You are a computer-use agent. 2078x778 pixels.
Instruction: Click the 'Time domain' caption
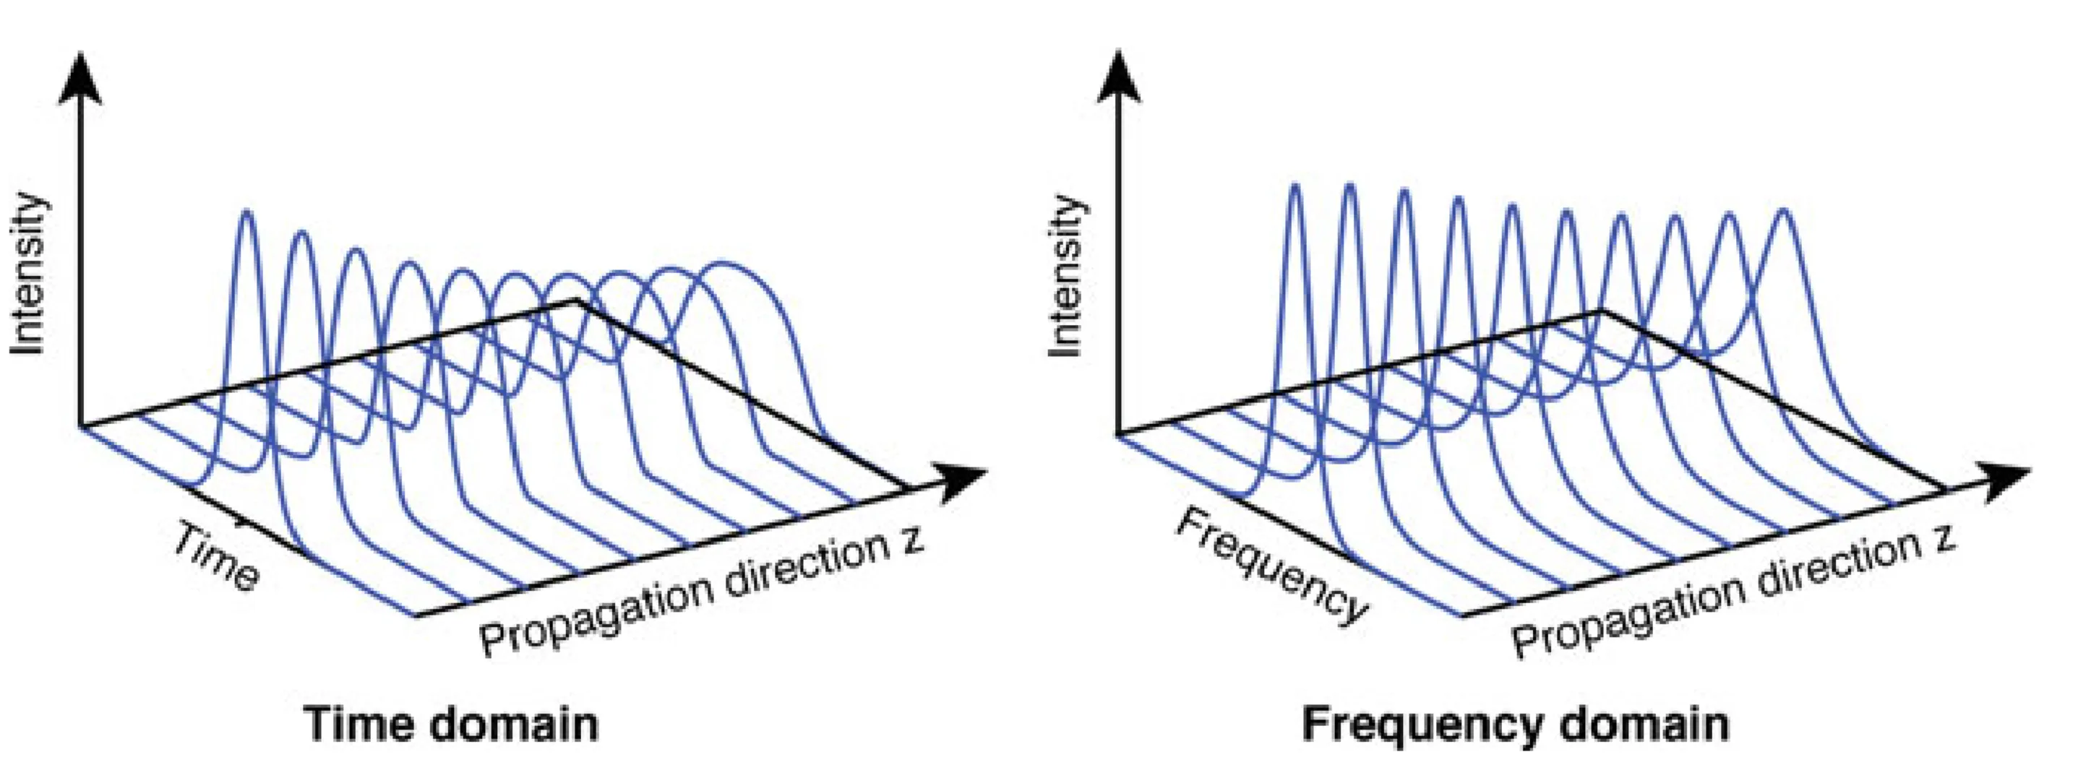click(x=452, y=723)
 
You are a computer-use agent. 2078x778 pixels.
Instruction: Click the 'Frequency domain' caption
click(x=1515, y=723)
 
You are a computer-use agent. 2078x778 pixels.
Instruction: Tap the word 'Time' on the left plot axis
click(x=216, y=556)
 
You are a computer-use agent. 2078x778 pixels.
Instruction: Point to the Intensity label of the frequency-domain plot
click(x=1065, y=274)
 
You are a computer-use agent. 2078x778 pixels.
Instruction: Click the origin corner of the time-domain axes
click(x=81, y=425)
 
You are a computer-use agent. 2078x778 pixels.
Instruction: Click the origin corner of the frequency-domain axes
click(x=1119, y=436)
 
